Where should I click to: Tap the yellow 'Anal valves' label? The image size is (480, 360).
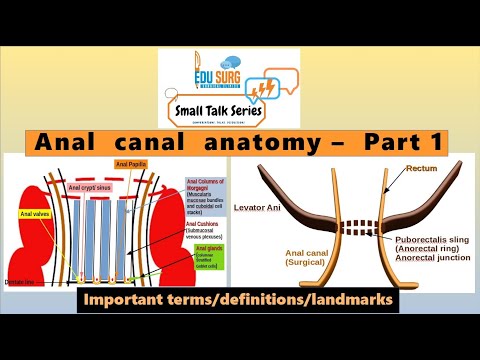[x=34, y=214]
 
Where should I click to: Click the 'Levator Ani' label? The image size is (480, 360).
[x=258, y=208]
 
